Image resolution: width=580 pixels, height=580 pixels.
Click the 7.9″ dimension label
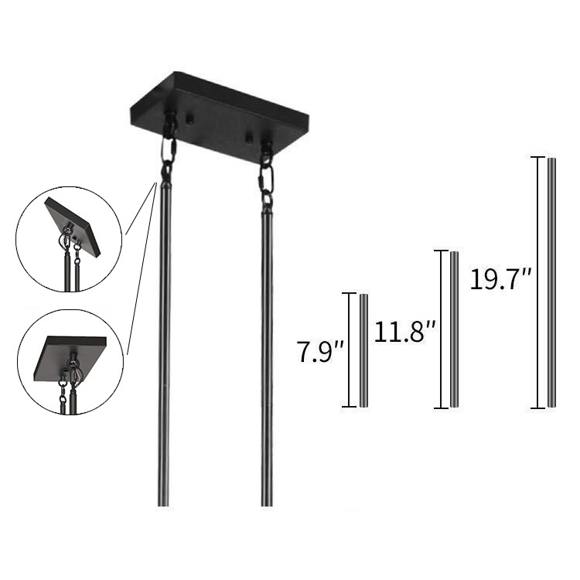pos(321,353)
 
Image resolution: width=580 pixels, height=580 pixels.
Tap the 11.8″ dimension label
pos(404,332)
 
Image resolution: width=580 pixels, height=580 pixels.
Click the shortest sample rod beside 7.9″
pos(363,350)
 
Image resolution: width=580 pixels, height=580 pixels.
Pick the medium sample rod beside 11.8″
pos(454,329)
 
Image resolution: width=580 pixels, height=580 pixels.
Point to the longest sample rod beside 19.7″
pos(551,283)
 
